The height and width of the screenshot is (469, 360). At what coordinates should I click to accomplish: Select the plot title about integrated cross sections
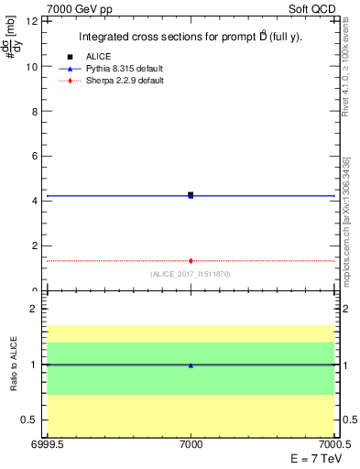pyautogui.click(x=190, y=38)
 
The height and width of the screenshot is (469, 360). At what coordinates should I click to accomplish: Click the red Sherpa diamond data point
pyautogui.click(x=191, y=261)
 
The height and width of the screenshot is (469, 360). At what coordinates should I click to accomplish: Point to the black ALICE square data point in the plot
pyautogui.click(x=191, y=194)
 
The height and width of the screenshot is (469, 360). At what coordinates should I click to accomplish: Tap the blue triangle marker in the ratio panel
pyautogui.click(x=191, y=365)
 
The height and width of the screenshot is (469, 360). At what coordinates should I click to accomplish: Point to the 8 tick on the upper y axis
pyautogui.click(x=34, y=111)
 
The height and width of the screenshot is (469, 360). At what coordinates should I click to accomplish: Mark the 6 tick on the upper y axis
pyautogui.click(x=34, y=156)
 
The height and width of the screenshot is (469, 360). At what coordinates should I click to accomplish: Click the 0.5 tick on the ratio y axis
pyautogui.click(x=29, y=420)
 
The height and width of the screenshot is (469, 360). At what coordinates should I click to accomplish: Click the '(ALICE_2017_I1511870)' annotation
pyautogui.click(x=190, y=274)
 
